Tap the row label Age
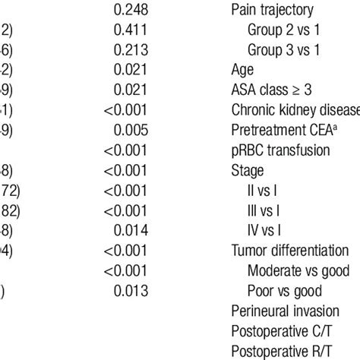click(x=243, y=71)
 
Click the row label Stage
click(x=248, y=170)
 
